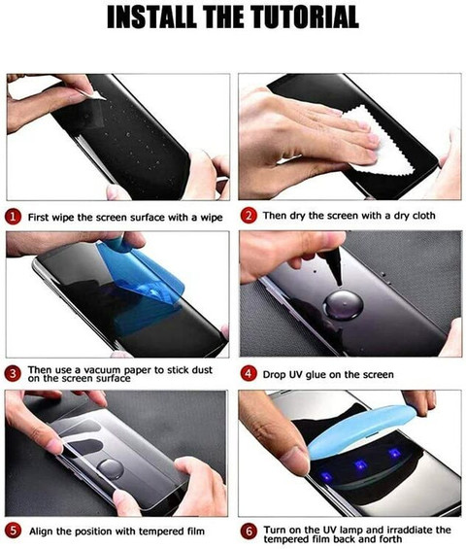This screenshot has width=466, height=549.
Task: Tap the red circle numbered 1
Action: [14, 215]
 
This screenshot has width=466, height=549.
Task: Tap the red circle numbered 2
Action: [249, 215]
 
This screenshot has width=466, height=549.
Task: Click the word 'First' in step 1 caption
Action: [42, 215]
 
